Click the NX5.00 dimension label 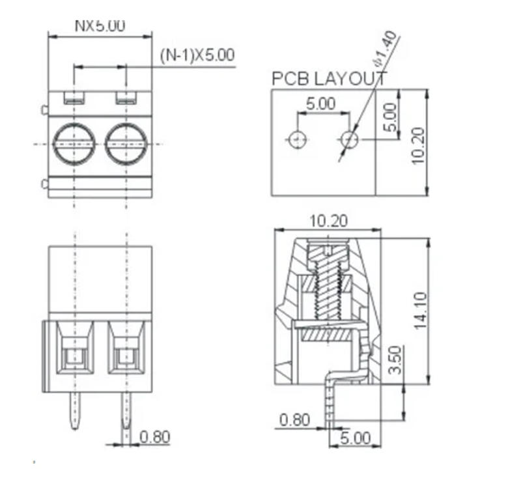100,26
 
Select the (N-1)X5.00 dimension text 197,55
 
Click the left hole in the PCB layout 298,139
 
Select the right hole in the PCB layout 350,139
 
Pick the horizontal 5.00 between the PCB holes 320,104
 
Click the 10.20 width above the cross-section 328,221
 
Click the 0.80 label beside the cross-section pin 294,420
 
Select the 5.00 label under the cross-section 355,438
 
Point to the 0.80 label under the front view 155,437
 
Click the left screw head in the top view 74,143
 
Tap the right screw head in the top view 126,143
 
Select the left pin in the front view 75,410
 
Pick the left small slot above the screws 74,100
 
